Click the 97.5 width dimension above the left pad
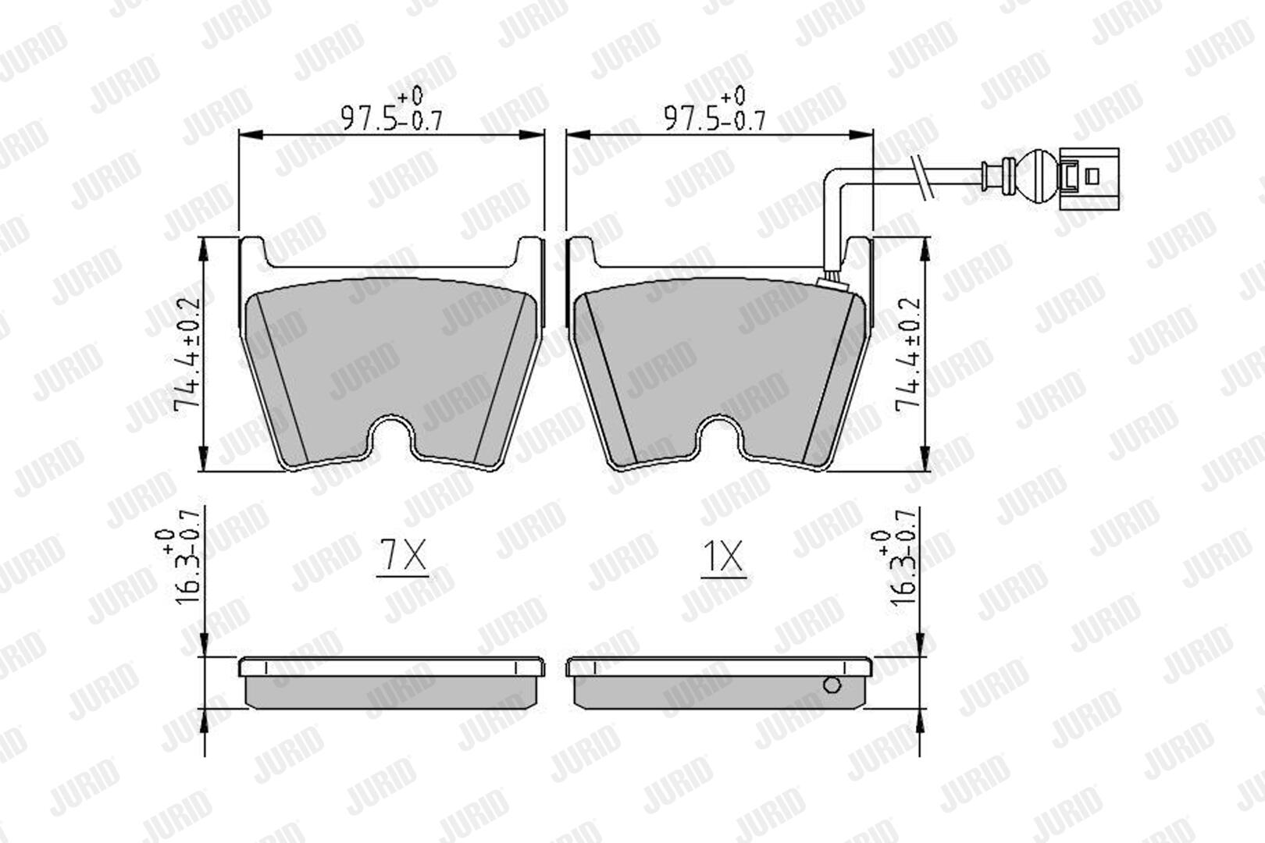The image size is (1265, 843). tap(392, 109)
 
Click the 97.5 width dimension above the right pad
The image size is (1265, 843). tap(715, 109)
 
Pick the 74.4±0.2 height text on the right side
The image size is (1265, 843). tap(908, 355)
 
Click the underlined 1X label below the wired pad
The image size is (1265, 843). tap(723, 558)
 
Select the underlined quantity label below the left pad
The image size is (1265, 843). tap(402, 558)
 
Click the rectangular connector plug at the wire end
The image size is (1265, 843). tap(1089, 179)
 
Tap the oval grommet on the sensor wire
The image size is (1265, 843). tap(1038, 176)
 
